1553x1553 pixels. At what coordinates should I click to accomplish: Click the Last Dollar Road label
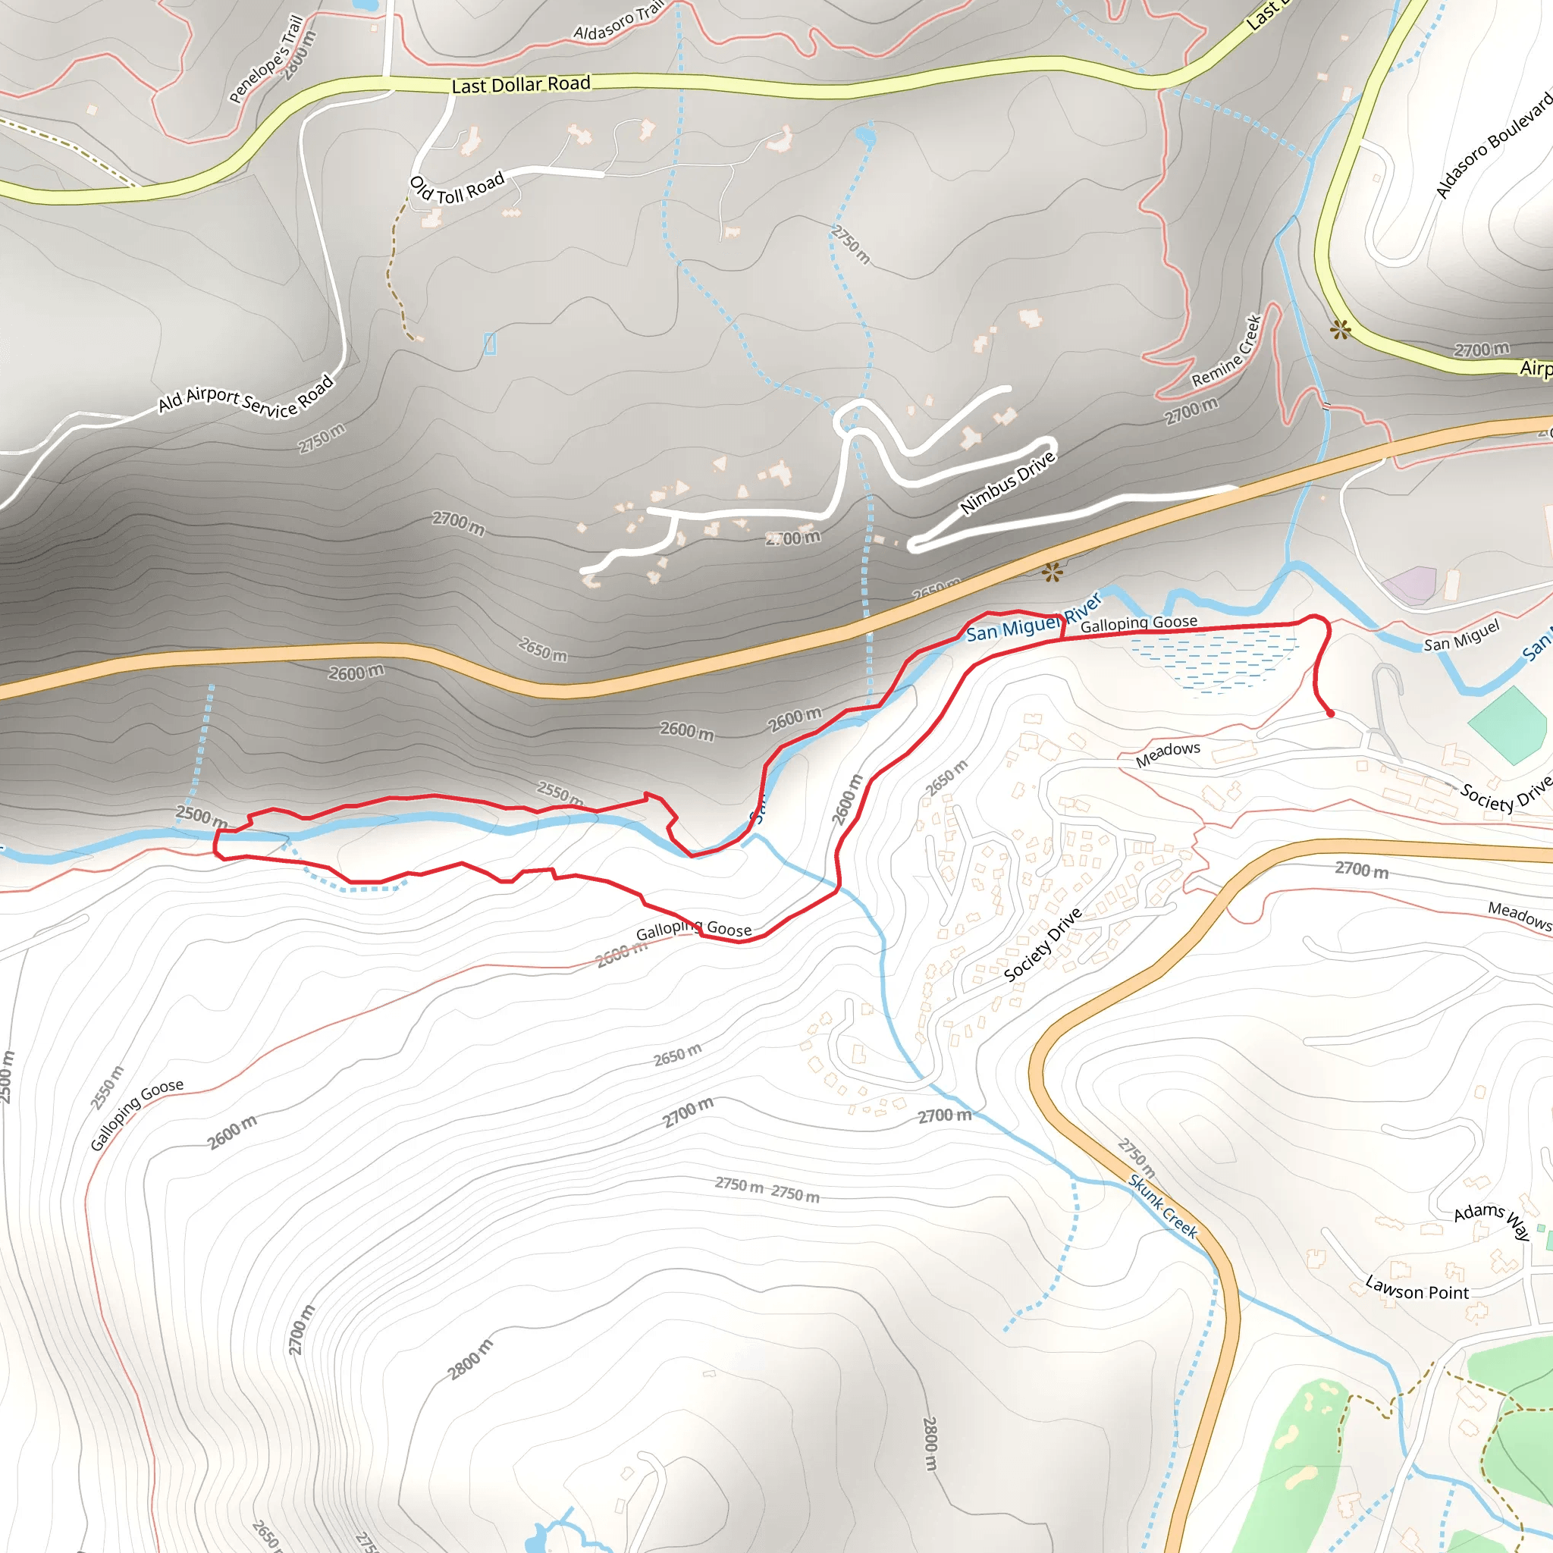[x=521, y=85]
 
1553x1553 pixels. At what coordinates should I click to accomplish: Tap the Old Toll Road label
[x=456, y=189]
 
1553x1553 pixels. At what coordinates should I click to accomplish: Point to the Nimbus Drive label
[x=1007, y=483]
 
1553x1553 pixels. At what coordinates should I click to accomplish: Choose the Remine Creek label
[x=1227, y=352]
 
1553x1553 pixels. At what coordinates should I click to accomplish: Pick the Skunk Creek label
[x=1163, y=1207]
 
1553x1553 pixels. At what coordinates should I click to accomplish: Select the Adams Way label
[x=1491, y=1219]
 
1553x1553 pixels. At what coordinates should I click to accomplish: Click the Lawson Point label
[x=1417, y=1289]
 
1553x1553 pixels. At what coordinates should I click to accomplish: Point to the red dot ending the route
[x=1330, y=713]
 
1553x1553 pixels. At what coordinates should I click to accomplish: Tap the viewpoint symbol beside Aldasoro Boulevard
[x=1340, y=329]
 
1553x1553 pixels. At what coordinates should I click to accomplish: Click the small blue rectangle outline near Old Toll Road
[x=491, y=344]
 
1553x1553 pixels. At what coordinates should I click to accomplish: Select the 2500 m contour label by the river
[x=201, y=817]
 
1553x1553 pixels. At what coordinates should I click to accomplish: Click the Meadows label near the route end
[x=1167, y=754]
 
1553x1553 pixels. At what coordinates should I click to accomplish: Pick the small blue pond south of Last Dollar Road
[x=866, y=135]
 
